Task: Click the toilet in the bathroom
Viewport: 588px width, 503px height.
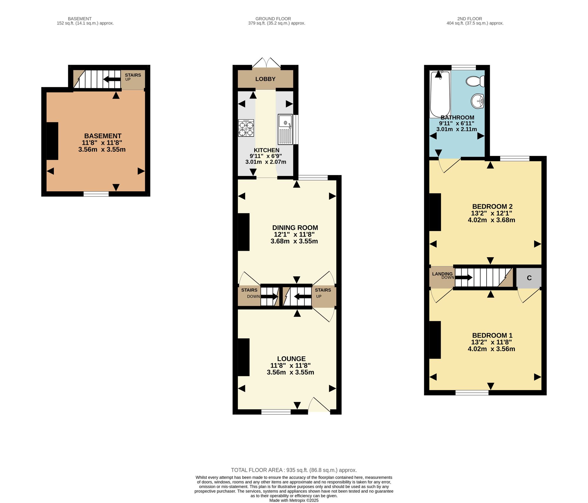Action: coord(475,81)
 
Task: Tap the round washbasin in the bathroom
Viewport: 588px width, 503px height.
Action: coord(478,102)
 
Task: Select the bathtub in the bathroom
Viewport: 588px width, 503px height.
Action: coord(440,94)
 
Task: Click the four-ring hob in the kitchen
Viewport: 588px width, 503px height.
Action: coord(246,128)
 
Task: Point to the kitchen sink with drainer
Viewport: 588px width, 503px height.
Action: coord(285,129)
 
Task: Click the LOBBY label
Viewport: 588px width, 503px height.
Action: coord(265,79)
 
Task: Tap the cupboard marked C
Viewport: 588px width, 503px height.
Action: coord(529,278)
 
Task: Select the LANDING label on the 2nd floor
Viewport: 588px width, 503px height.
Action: coord(442,274)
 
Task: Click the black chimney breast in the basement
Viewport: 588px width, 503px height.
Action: coord(52,141)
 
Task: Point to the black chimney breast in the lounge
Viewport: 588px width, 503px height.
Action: coord(243,357)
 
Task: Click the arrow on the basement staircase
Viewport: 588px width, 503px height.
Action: coord(112,79)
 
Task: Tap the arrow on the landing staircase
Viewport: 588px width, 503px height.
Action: coord(464,278)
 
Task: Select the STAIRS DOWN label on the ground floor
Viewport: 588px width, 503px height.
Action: coord(251,293)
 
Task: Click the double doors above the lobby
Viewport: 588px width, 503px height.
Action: coord(266,63)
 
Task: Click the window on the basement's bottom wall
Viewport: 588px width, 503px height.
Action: coord(96,194)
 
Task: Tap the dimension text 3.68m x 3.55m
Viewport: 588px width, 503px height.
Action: coord(294,241)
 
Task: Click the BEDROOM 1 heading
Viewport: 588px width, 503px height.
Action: coord(492,335)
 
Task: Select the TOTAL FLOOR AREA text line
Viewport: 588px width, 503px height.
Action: coord(294,470)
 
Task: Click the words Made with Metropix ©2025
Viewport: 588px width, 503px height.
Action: coord(294,500)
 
